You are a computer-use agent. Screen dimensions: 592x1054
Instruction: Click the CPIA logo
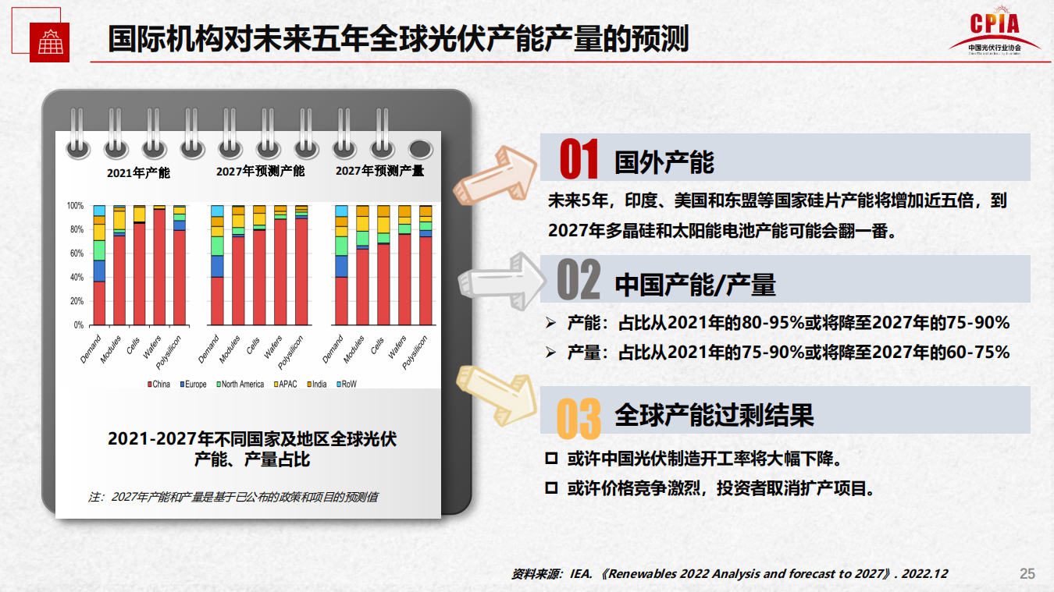[x=995, y=32]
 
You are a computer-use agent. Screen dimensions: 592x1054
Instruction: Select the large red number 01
[x=579, y=159]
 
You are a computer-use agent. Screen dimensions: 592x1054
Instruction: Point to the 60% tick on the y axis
[x=76, y=253]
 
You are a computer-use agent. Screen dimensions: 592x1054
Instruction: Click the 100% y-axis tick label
[x=75, y=206]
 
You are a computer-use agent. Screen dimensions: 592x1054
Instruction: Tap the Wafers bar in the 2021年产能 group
[x=159, y=265]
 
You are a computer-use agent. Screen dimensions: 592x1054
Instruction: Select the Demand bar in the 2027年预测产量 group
[x=341, y=265]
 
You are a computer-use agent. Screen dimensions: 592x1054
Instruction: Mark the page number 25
[x=1027, y=574]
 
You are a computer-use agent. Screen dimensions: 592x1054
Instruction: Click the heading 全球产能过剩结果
[x=714, y=414]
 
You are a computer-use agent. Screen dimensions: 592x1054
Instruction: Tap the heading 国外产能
[x=664, y=161]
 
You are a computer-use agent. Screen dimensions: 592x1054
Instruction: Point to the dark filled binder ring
[x=421, y=148]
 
